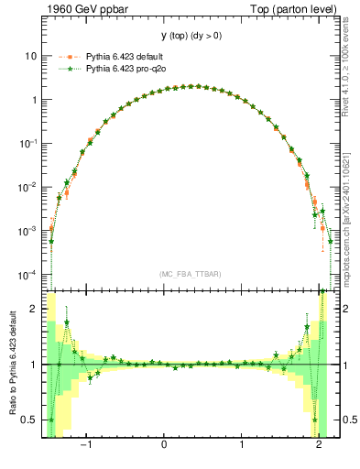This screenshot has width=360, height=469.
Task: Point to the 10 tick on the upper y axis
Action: tap(30, 56)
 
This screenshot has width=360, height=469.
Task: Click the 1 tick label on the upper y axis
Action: tap(33, 100)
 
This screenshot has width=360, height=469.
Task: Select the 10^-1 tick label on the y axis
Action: tap(28, 143)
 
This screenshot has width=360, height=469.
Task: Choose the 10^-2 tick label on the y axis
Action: tap(28, 187)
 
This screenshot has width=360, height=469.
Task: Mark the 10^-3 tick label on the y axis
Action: tap(28, 231)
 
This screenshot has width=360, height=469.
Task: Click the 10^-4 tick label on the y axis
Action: tap(28, 275)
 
